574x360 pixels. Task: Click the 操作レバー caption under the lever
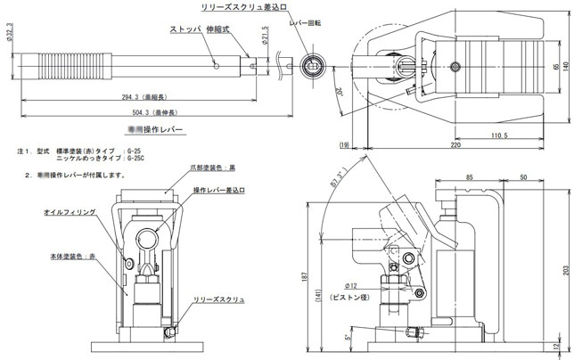[161, 131]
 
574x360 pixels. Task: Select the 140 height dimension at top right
[566, 67]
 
